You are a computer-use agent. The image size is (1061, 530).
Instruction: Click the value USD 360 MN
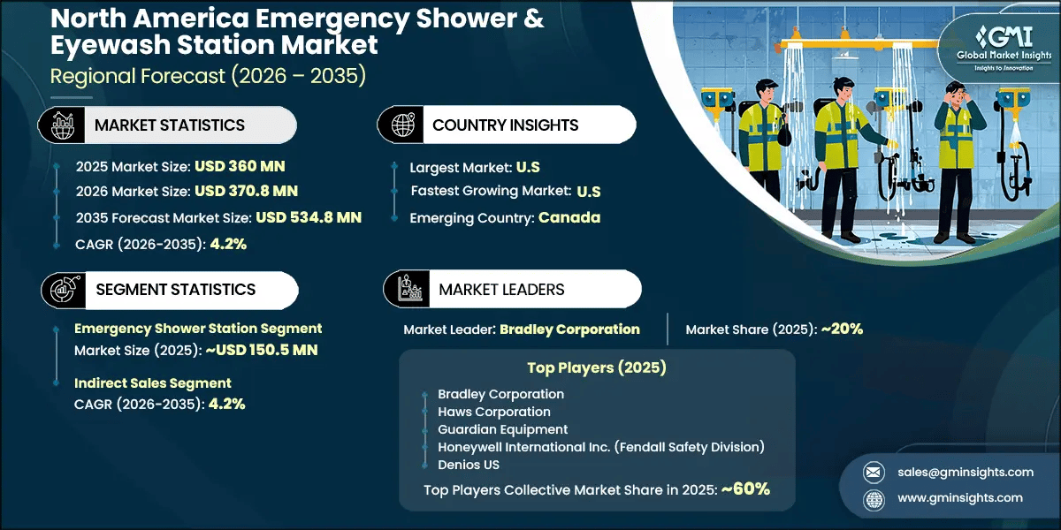click(x=240, y=165)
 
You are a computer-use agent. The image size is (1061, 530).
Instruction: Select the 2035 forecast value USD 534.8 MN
click(x=309, y=216)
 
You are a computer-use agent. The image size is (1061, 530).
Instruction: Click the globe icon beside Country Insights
click(x=402, y=125)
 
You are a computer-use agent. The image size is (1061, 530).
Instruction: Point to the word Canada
click(x=570, y=217)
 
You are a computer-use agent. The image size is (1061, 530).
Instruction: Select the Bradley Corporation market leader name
click(x=569, y=329)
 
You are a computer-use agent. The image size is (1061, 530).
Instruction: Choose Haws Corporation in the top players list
click(x=493, y=412)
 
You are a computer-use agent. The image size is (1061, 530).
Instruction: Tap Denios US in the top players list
click(x=469, y=465)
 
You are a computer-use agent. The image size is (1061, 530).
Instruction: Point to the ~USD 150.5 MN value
click(x=261, y=350)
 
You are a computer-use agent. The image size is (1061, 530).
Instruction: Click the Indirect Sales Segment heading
click(x=153, y=382)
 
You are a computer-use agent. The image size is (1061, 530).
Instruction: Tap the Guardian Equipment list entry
click(x=502, y=429)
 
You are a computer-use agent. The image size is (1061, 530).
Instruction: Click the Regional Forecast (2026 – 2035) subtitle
click(x=208, y=76)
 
